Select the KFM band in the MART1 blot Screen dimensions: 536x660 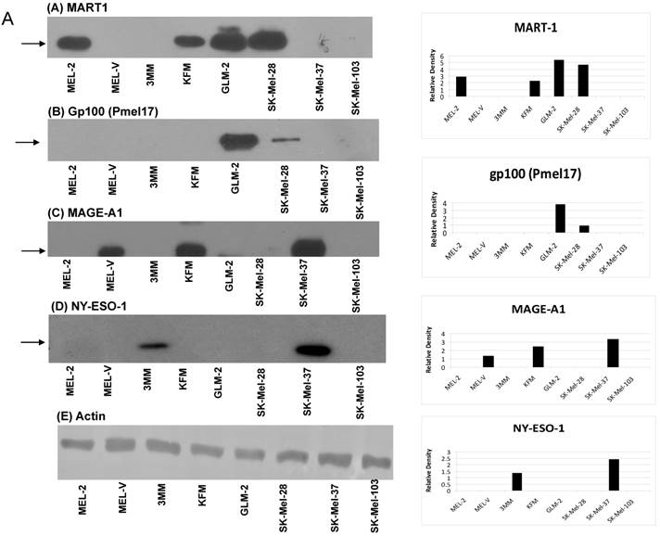pos(190,42)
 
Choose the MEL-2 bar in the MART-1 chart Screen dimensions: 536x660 pos(461,86)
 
